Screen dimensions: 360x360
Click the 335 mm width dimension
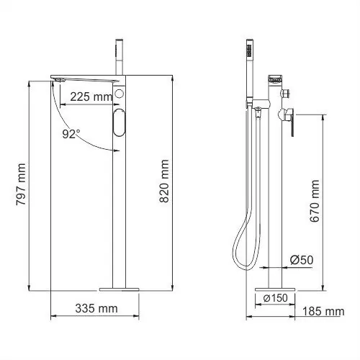pos(96,310)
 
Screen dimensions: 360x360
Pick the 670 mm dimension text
pos(315,204)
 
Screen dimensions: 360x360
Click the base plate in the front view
pos(119,288)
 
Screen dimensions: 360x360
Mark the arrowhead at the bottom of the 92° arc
pos(114,149)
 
